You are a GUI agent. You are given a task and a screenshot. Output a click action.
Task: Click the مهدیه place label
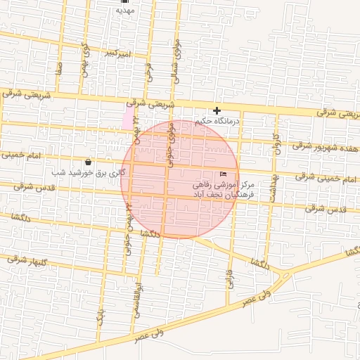(124, 11)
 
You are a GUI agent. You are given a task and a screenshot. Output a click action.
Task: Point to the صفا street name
(60, 69)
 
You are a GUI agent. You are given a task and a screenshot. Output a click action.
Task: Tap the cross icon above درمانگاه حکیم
(217, 110)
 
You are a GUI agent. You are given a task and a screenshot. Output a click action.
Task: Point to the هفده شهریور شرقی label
(326, 147)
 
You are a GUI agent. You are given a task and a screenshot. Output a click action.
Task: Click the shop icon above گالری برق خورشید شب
(86, 162)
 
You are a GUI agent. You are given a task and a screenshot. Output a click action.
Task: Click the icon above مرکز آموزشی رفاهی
(224, 174)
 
